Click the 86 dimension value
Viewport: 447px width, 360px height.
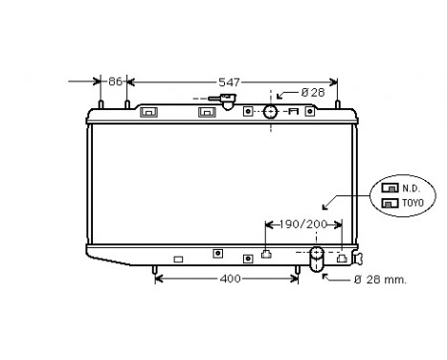pyautogui.click(x=115, y=81)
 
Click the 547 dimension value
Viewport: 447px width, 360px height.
pyautogui.click(x=229, y=82)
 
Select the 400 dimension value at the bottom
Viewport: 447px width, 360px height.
pyautogui.click(x=230, y=279)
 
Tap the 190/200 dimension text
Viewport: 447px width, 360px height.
pyautogui.click(x=303, y=224)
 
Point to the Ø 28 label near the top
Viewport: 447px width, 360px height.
pyautogui.click(x=313, y=93)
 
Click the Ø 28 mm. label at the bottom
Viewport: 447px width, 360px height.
pyautogui.click(x=380, y=280)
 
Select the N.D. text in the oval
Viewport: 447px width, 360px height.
pyautogui.click(x=411, y=189)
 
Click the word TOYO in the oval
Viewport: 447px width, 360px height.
pyautogui.click(x=413, y=203)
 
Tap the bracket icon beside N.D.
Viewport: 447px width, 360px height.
pyautogui.click(x=390, y=188)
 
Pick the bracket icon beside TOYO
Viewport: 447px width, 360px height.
pyautogui.click(x=390, y=203)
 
